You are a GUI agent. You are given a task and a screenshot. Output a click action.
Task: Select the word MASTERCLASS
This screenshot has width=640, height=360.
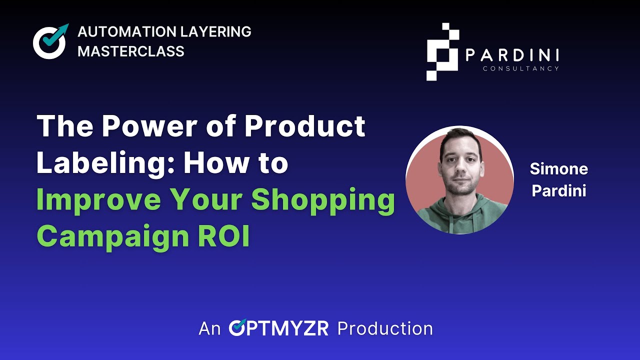click(131, 51)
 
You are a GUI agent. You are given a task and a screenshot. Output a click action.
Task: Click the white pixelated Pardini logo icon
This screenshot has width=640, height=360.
click(442, 51)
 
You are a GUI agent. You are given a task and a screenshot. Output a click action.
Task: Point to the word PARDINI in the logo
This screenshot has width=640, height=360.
click(512, 55)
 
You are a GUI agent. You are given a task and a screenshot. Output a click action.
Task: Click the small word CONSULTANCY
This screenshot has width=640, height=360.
click(520, 68)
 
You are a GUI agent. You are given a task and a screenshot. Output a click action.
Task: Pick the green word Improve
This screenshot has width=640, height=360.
click(100, 199)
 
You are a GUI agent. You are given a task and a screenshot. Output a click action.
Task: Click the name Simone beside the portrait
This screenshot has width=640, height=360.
click(558, 169)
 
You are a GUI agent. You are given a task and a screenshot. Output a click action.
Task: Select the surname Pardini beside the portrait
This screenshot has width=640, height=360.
click(558, 191)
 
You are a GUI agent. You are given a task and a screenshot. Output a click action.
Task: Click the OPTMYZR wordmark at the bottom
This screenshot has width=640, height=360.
click(278, 328)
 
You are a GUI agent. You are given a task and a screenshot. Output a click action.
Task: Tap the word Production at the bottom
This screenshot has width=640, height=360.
click(385, 328)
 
